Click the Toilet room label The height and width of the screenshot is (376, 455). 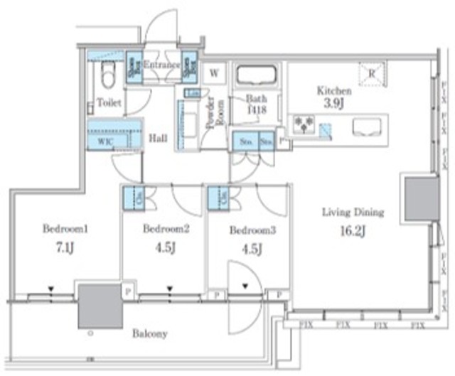[x=109, y=103]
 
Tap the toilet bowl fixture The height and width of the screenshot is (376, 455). [x=108, y=73]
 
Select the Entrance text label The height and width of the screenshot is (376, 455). [x=161, y=65]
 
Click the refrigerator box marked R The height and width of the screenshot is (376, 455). [x=371, y=72]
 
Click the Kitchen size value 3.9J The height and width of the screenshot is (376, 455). [x=334, y=104]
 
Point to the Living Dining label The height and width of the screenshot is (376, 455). [x=353, y=212]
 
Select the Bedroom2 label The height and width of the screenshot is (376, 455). [x=165, y=229]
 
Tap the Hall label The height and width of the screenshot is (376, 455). [x=158, y=139]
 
